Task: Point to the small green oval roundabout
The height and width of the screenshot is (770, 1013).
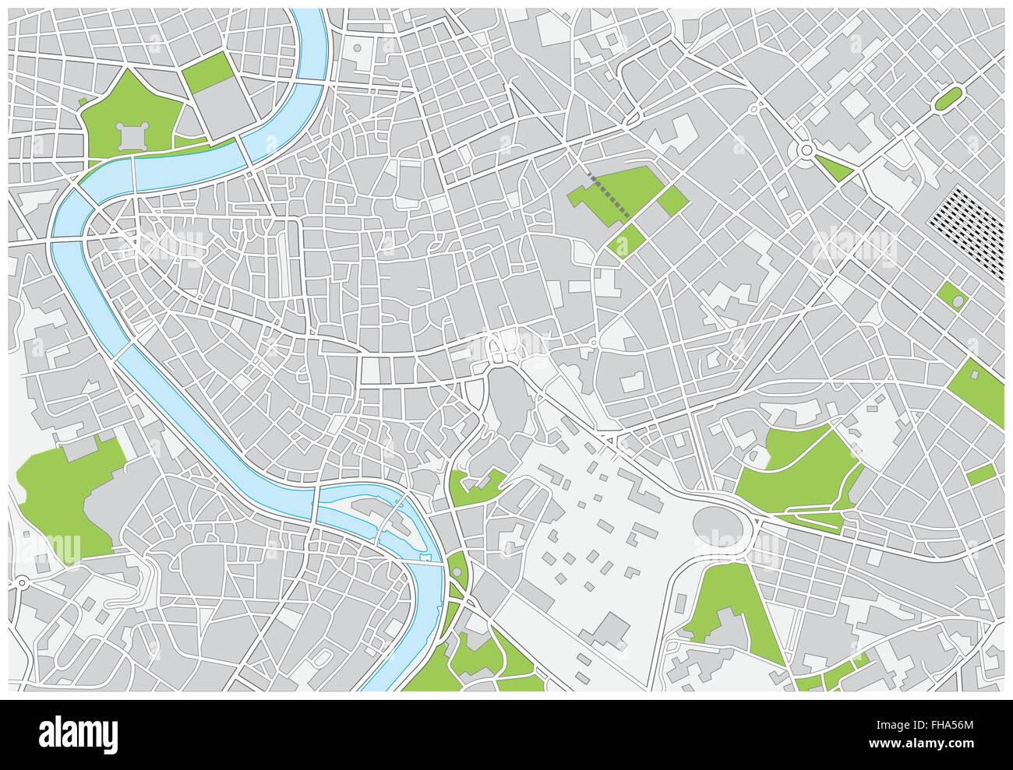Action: pyautogui.click(x=948, y=99)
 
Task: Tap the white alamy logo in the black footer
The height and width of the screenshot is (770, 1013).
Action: pyautogui.click(x=79, y=733)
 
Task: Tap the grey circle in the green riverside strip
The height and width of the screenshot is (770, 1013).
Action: pyautogui.click(x=456, y=573)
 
